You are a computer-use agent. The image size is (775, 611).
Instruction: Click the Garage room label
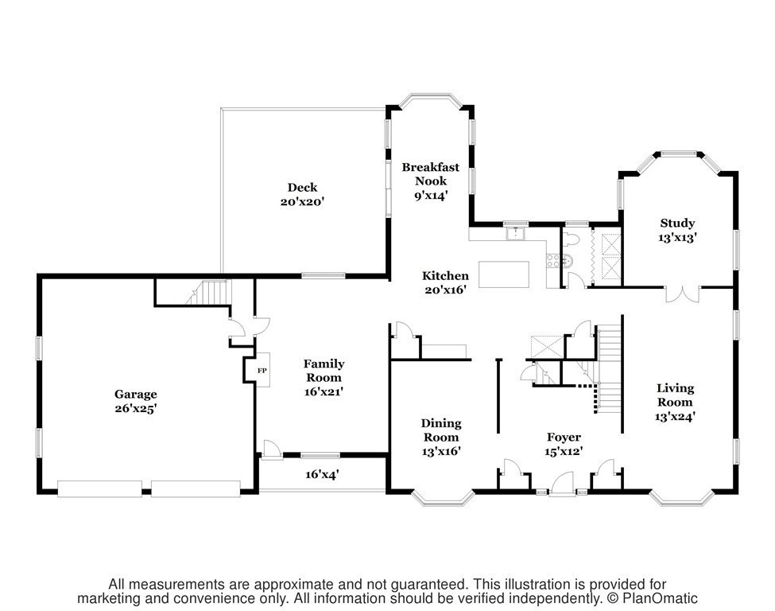pos(135,394)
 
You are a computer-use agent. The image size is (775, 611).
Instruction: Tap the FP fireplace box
pos(261,371)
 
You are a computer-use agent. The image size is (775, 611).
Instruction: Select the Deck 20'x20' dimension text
pos(302,202)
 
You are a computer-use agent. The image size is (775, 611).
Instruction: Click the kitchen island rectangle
pos(502,274)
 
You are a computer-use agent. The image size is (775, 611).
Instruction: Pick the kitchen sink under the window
pos(517,234)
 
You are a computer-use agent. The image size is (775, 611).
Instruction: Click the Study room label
pos(677,224)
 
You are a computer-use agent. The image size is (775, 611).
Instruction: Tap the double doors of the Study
pos(680,293)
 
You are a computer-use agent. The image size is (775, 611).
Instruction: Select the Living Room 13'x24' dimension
pos(675,415)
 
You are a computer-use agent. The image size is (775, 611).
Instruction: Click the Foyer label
pos(564,437)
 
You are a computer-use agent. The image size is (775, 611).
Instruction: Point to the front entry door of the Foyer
pos(563,483)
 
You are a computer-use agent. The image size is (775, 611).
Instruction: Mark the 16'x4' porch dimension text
pos(324,474)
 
